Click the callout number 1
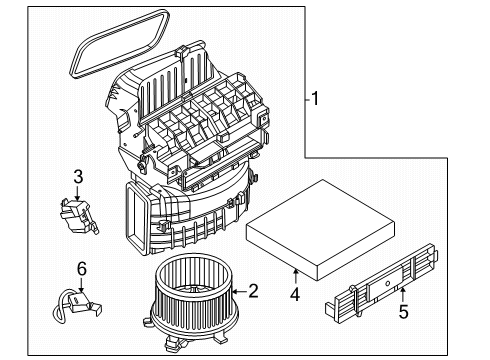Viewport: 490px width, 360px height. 315,98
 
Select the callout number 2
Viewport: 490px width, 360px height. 253,291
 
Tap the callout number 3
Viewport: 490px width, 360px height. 78,177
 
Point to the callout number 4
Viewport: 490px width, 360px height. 295,294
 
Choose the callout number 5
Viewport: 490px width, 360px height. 403,312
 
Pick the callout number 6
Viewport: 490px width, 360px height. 82,269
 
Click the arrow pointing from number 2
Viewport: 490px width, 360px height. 239,292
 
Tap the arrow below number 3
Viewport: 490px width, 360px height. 77,193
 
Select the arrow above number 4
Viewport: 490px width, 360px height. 295,277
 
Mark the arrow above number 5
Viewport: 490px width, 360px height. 403,295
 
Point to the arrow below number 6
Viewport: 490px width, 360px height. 81,285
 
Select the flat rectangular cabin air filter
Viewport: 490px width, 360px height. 320,230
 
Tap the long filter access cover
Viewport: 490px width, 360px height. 382,283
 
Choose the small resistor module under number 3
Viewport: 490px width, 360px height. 79,216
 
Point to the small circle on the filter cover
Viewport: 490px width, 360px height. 387,283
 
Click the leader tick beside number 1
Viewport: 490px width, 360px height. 308,99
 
